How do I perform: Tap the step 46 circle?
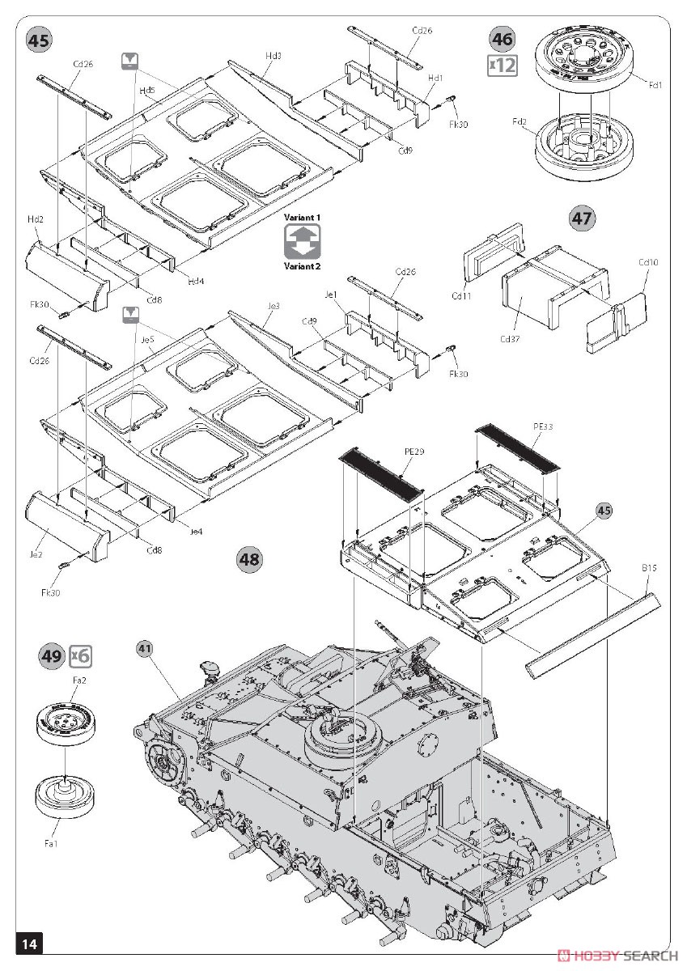(503, 38)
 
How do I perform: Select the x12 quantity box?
(503, 65)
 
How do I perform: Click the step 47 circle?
(582, 218)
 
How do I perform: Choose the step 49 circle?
(51, 655)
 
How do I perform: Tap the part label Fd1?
(655, 83)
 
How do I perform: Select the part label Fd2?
(519, 122)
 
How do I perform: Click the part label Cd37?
(510, 339)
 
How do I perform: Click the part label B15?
(649, 569)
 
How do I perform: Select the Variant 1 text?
(302, 218)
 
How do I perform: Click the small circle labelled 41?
(145, 647)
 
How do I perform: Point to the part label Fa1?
(51, 845)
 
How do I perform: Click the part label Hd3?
(273, 56)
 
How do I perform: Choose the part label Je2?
(36, 554)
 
